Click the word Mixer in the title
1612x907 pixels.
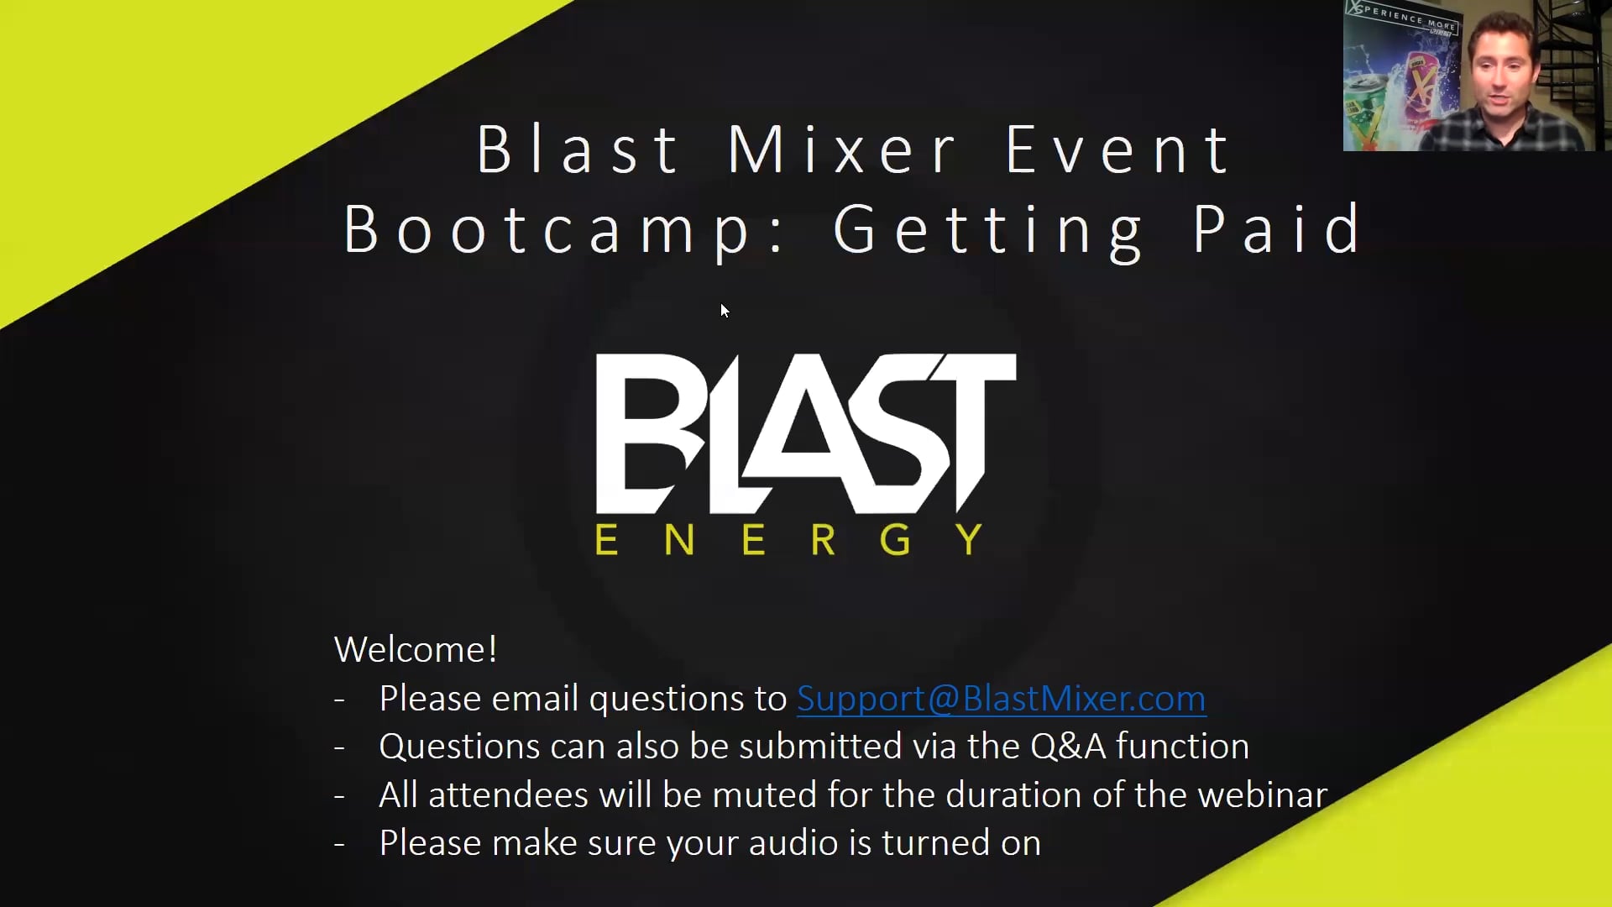tap(842, 149)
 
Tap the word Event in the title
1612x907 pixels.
tap(1117, 149)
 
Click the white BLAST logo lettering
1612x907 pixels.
tap(806, 433)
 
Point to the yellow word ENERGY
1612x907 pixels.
tap(789, 539)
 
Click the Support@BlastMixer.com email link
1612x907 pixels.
tap(1002, 699)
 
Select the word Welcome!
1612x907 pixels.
tap(416, 649)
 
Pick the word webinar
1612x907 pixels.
tap(1263, 794)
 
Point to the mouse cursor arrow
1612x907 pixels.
tap(725, 311)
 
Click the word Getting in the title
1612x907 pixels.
tap(989, 229)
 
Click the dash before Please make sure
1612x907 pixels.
tap(339, 844)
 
